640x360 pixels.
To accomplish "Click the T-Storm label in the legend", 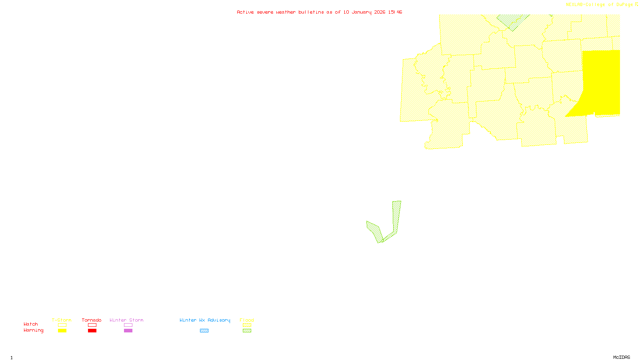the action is pyautogui.click(x=62, y=320).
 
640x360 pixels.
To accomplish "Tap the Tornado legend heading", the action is pyautogui.click(x=92, y=320).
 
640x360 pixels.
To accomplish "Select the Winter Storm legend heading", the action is pyautogui.click(x=126, y=320).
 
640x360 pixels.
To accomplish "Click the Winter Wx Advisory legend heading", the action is pyautogui.click(x=205, y=320).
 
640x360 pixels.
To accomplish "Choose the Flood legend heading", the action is pyautogui.click(x=247, y=320).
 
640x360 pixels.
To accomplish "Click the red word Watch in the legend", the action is pyautogui.click(x=31, y=324).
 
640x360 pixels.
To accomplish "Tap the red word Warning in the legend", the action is pyautogui.click(x=34, y=330).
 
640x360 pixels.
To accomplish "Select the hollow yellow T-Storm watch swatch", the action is pyautogui.click(x=62, y=325).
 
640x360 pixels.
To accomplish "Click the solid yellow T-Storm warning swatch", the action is pyautogui.click(x=62, y=331).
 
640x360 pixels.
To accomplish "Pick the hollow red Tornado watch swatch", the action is pyautogui.click(x=92, y=325).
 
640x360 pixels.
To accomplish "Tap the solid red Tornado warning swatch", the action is pyautogui.click(x=92, y=331).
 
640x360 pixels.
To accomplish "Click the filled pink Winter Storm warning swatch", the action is pyautogui.click(x=128, y=331).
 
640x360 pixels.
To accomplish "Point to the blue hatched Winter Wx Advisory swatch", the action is pyautogui.click(x=204, y=331).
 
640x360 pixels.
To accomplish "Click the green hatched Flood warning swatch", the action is pyautogui.click(x=247, y=331).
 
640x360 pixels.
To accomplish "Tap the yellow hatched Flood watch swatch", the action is pyautogui.click(x=247, y=325).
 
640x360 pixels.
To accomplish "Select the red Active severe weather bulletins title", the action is pyautogui.click(x=319, y=12).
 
